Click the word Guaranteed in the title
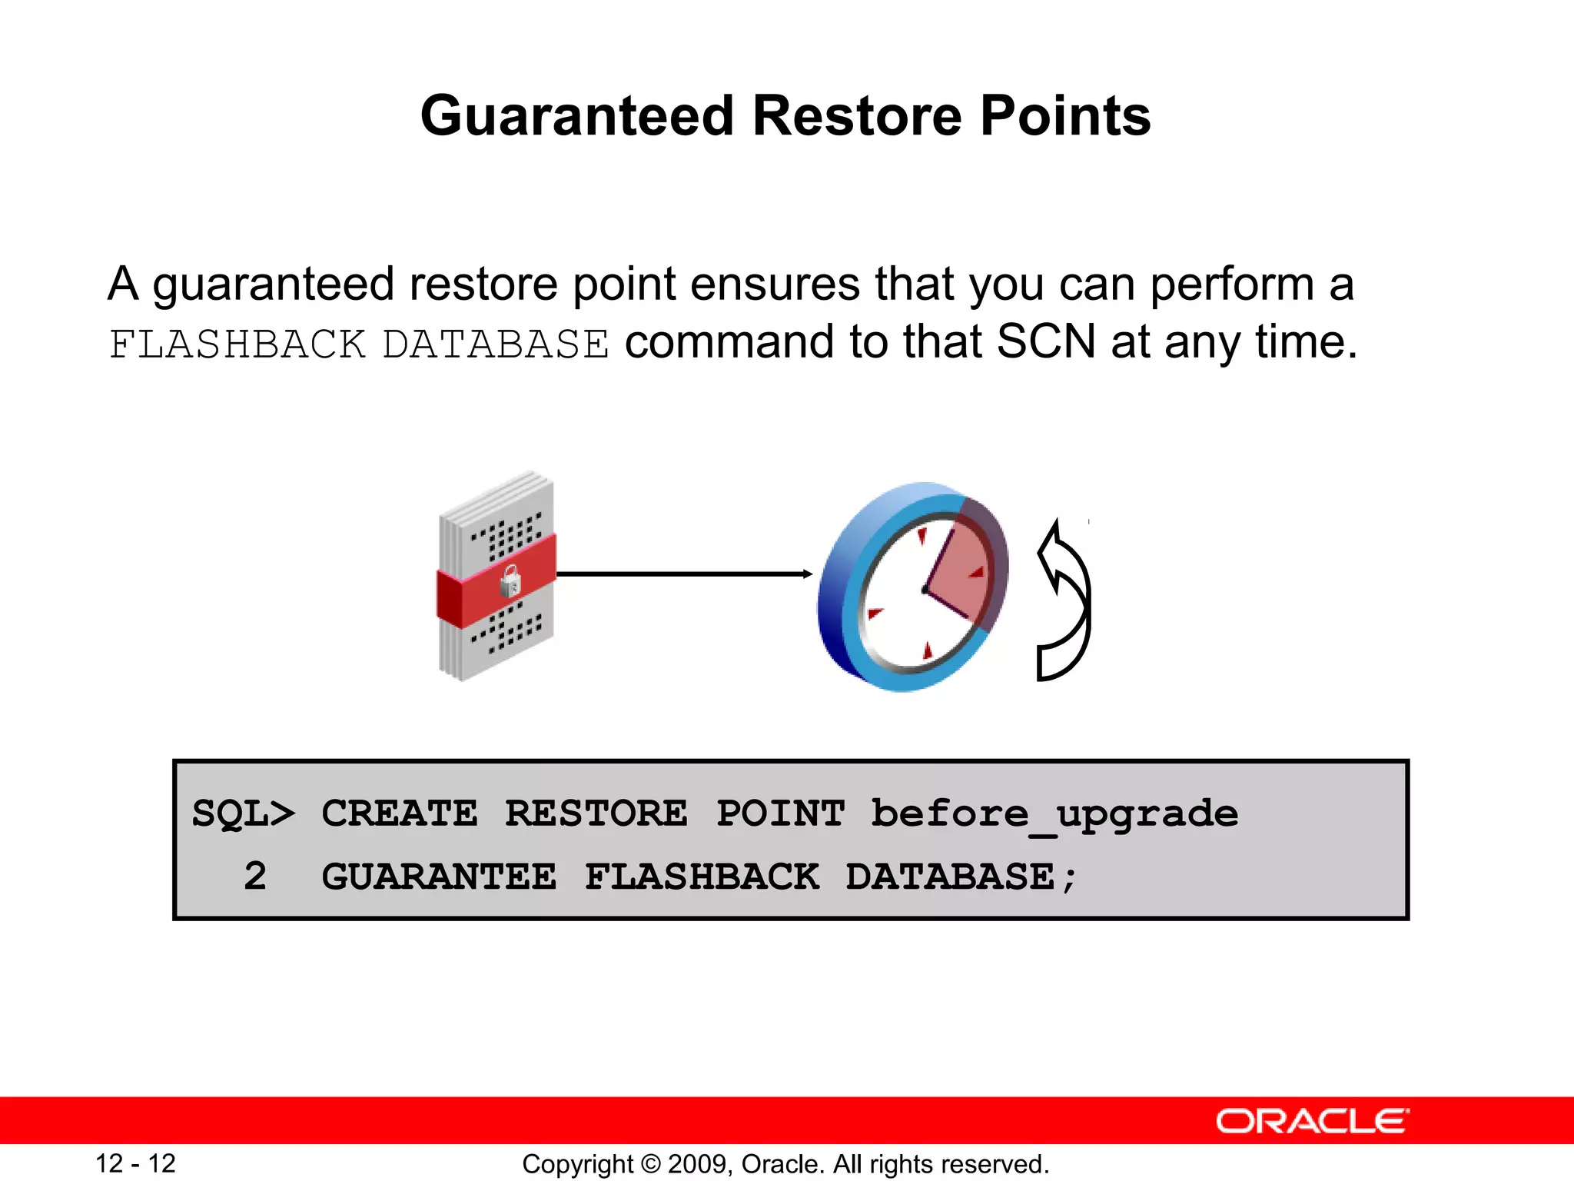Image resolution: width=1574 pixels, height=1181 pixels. pyautogui.click(x=577, y=115)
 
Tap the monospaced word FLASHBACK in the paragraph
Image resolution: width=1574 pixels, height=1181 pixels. pyautogui.click(x=237, y=344)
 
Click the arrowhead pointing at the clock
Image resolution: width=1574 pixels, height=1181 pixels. pyautogui.click(x=807, y=574)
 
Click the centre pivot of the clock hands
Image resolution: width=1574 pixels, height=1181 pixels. pyautogui.click(x=925, y=590)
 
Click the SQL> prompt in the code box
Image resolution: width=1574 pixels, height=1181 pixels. pyautogui.click(x=243, y=813)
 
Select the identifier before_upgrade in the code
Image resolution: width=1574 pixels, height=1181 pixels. pyautogui.click(x=1054, y=813)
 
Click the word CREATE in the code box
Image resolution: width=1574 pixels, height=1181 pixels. pyautogui.click(x=399, y=813)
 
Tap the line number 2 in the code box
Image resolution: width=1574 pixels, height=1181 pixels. pyautogui.click(x=255, y=877)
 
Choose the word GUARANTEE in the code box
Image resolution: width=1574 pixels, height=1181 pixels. pyautogui.click(x=438, y=877)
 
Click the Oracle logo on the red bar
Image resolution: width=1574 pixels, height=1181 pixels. pyautogui.click(x=1311, y=1121)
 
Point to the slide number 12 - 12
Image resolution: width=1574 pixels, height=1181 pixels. pyautogui.click(x=135, y=1163)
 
